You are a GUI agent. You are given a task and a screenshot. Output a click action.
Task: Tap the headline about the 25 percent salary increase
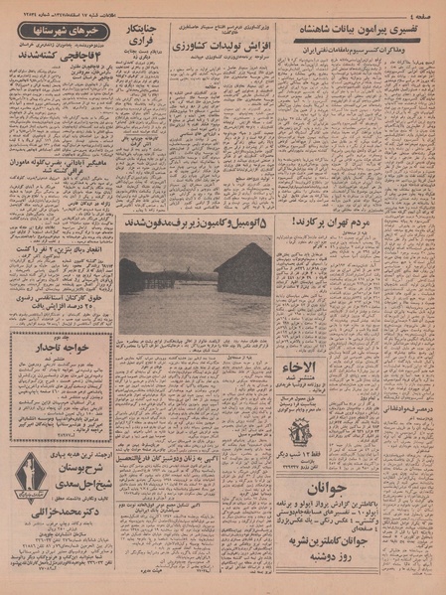(60, 307)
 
